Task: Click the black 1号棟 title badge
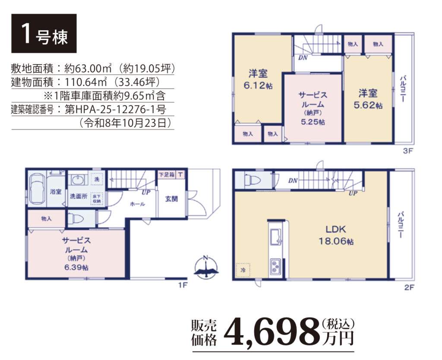[x=44, y=33]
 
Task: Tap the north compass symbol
[x=206, y=267]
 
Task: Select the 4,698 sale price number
[x=272, y=332]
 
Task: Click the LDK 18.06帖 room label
[x=336, y=235]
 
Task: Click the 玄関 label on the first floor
[x=171, y=199]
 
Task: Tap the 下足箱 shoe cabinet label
[x=166, y=175]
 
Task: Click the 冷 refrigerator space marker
[x=243, y=270]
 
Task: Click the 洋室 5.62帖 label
[x=368, y=99]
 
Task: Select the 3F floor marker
[x=407, y=151]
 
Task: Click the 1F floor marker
[x=183, y=285]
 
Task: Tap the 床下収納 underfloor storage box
[x=97, y=199]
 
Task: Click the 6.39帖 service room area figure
[x=76, y=267]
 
